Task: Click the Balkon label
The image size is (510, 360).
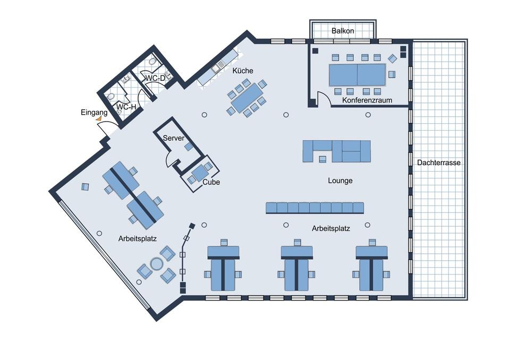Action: (x=343, y=31)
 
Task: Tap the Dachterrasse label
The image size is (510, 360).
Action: (x=438, y=162)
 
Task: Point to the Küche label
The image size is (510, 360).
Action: (x=243, y=71)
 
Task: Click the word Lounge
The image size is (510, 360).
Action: (x=340, y=181)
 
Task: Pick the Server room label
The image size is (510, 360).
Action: (x=174, y=138)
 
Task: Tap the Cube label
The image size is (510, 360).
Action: (x=211, y=182)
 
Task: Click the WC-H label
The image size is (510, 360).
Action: (x=126, y=107)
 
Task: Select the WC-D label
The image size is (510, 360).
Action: (x=156, y=79)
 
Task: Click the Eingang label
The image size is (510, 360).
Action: (x=94, y=112)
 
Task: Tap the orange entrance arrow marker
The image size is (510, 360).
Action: (x=99, y=119)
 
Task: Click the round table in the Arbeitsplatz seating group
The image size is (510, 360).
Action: (x=157, y=263)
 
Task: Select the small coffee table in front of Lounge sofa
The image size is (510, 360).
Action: (x=322, y=158)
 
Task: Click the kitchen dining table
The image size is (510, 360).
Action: (x=247, y=98)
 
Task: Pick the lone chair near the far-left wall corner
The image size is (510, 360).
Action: (x=85, y=186)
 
